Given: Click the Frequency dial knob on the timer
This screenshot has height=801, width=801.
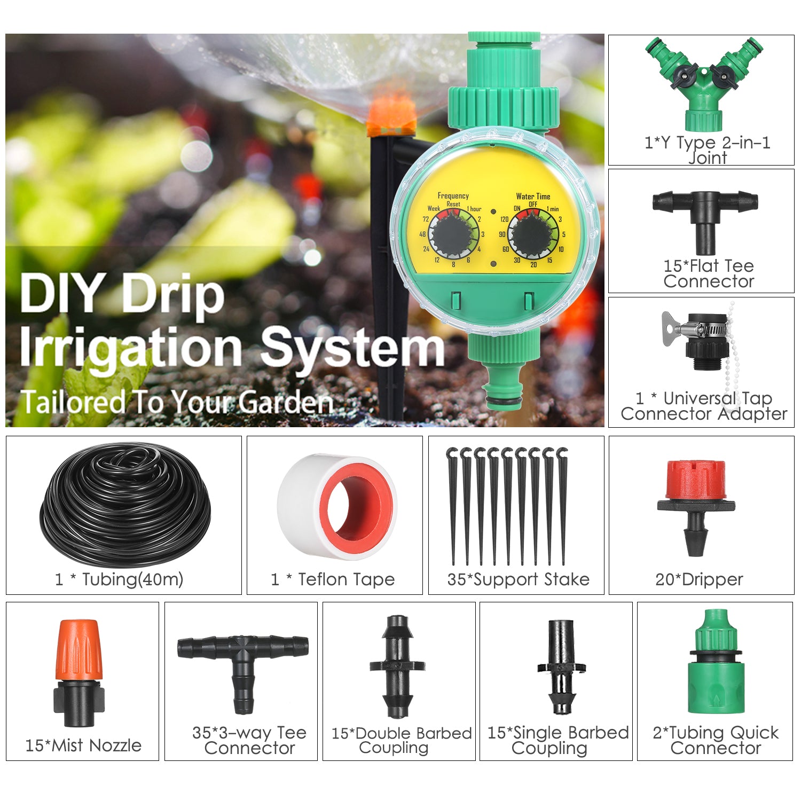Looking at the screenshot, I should (x=453, y=235).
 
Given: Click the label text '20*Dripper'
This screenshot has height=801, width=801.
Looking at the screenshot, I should (x=699, y=579).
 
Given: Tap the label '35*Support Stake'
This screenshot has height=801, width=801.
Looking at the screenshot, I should (x=518, y=579).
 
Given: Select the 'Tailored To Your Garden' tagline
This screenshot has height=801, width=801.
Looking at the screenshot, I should (x=176, y=403).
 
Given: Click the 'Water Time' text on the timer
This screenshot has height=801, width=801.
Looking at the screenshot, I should (x=533, y=197).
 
